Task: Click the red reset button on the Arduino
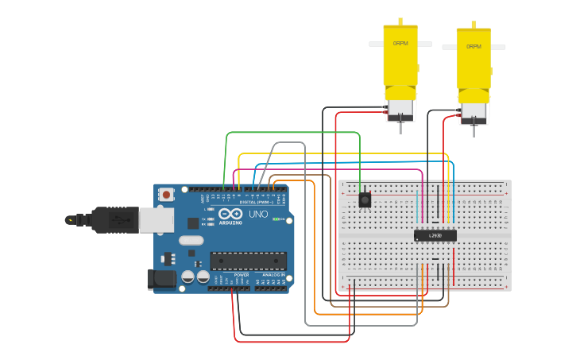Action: click(166, 194)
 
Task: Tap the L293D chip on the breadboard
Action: click(435, 234)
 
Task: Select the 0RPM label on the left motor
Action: click(400, 43)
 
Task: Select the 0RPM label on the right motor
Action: click(474, 47)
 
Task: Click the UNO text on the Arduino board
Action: click(258, 215)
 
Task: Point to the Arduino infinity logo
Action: click(230, 215)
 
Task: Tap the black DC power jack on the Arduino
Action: click(161, 278)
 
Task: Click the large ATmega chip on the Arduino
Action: click(248, 261)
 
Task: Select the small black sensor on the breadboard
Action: click(365, 200)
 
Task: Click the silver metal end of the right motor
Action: click(474, 113)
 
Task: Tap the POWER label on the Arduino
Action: click(242, 275)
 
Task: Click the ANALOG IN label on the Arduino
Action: click(273, 275)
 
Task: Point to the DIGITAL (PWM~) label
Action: click(255, 203)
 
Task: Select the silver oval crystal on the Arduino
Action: click(191, 240)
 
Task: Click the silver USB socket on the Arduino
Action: click(156, 220)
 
